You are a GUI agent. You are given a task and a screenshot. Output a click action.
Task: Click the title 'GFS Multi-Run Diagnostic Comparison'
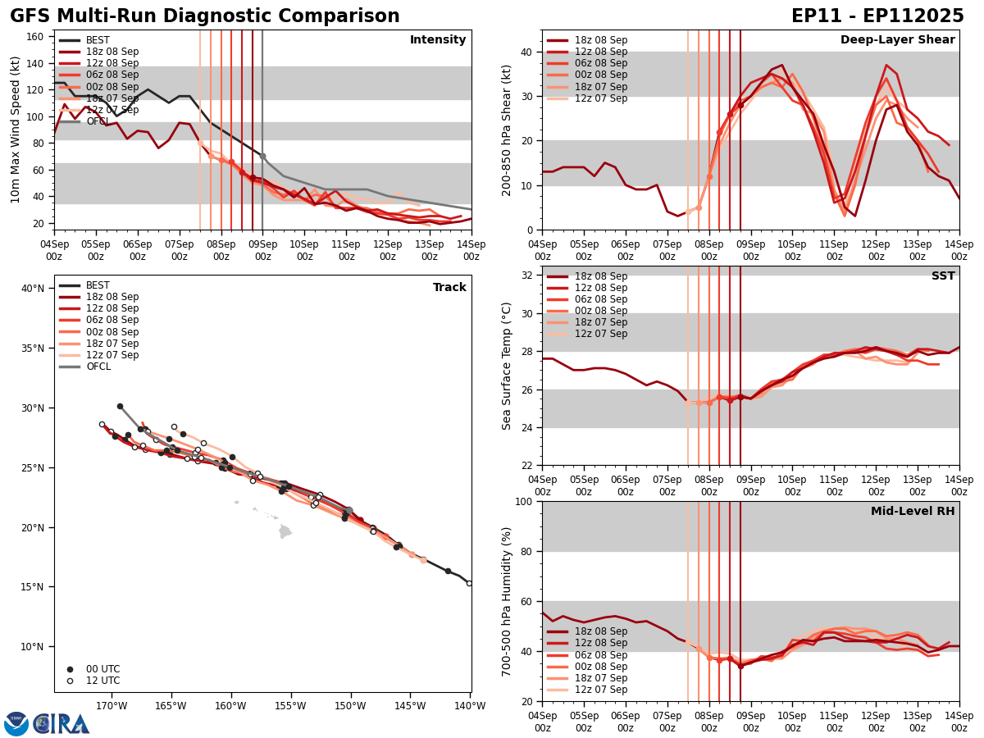204,16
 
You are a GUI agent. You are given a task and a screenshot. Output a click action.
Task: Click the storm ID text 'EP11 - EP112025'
877,16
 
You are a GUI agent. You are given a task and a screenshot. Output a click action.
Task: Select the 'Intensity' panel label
438,40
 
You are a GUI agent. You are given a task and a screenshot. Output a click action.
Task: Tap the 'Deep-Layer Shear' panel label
897,40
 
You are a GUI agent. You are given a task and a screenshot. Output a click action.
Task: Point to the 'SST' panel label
943,276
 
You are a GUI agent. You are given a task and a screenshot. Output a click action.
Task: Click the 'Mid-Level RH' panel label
913,512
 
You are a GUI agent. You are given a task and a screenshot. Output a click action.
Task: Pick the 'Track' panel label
449,288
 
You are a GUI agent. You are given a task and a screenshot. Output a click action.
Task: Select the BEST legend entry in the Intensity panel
97,40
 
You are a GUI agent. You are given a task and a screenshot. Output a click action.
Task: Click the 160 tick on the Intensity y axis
38,37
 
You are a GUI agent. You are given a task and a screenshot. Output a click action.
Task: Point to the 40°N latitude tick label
33,289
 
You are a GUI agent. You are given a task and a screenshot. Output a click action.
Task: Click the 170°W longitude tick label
111,705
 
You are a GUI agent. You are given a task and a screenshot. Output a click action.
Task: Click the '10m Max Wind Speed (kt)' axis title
16,130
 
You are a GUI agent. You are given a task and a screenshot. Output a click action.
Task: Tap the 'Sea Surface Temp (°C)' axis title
507,366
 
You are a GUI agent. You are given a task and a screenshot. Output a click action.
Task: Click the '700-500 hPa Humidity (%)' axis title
507,602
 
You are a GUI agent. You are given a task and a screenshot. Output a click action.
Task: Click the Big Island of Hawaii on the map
285,531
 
